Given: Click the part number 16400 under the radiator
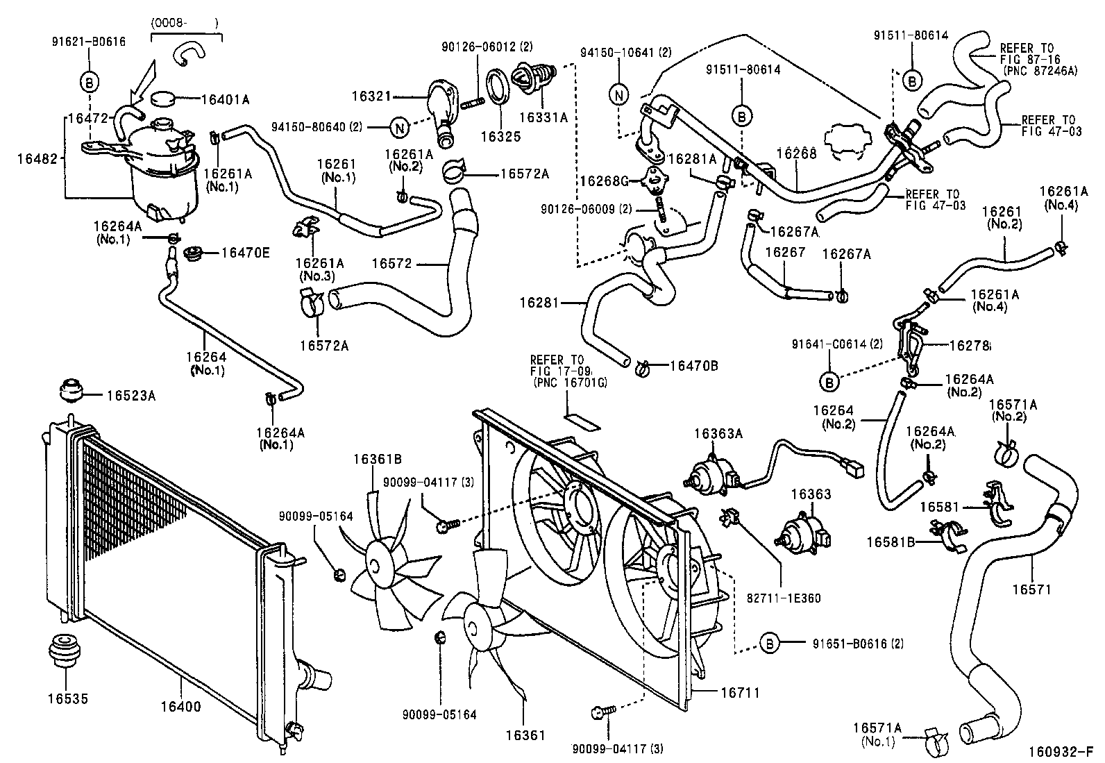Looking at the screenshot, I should pyautogui.click(x=180, y=707).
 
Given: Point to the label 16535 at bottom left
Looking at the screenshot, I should pyautogui.click(x=68, y=698).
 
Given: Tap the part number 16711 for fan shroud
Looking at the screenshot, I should pyautogui.click(x=739, y=692).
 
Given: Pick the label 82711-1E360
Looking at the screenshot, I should pyautogui.click(x=784, y=597).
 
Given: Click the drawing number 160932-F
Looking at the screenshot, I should pyautogui.click(x=1065, y=752).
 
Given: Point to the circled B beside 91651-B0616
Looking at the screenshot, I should pyautogui.click(x=769, y=644).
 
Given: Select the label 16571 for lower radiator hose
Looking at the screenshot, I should pyautogui.click(x=1031, y=589).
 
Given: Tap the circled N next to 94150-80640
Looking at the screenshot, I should pyautogui.click(x=399, y=127).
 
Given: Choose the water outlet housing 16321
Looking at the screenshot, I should pyautogui.click(x=441, y=105).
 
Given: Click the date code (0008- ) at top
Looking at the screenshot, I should pyautogui.click(x=184, y=23).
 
